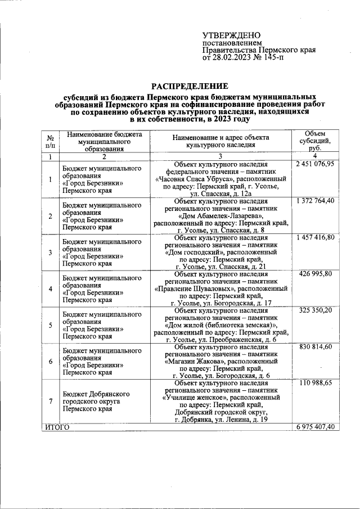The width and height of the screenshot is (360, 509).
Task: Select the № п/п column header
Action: point(50,141)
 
